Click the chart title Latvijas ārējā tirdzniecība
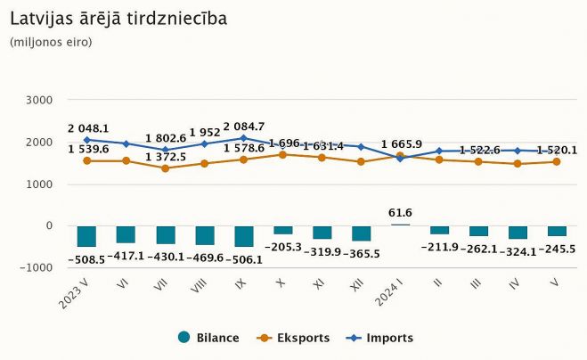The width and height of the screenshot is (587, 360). tap(118, 18)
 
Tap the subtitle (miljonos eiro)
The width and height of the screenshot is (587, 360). tap(51, 42)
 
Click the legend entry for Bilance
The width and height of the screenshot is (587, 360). tap(209, 338)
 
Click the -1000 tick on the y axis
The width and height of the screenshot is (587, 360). tap(37, 267)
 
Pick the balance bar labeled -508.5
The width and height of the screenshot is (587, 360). tap(86, 236)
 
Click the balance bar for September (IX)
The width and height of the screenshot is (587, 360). tap(243, 236)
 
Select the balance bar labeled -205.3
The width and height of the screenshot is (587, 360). tap(282, 230)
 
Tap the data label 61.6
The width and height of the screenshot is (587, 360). tap(400, 212)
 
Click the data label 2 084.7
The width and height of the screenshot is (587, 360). tap(243, 127)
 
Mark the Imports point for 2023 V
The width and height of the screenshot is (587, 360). tap(86, 140)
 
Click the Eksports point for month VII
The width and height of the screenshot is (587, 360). tap(165, 168)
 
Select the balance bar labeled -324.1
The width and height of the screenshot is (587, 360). tap(518, 233)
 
